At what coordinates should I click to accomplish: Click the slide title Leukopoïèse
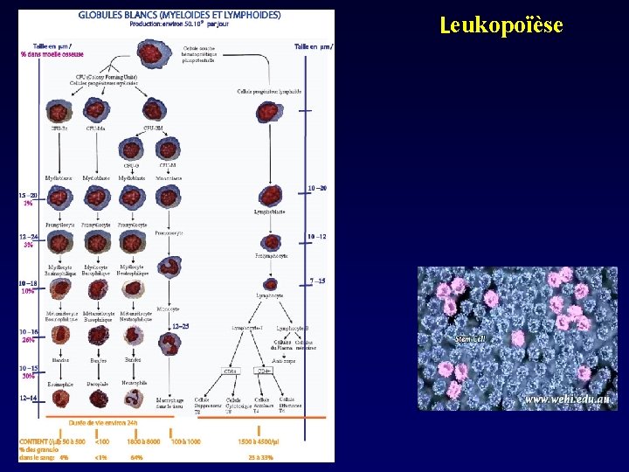pyautogui.click(x=501, y=25)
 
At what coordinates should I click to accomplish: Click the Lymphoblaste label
pyautogui.click(x=271, y=211)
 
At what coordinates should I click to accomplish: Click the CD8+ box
pyautogui.click(x=230, y=370)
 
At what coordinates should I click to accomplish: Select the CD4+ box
pyautogui.click(x=262, y=370)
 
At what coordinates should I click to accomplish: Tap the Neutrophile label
pyautogui.click(x=134, y=383)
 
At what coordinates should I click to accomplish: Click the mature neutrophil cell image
pyautogui.click(x=133, y=399)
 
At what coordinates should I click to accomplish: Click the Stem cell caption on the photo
pyautogui.click(x=470, y=338)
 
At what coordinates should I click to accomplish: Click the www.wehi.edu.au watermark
pyautogui.click(x=567, y=399)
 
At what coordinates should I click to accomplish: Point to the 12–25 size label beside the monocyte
pyautogui.click(x=180, y=325)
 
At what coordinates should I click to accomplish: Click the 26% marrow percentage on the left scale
pyautogui.click(x=28, y=341)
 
